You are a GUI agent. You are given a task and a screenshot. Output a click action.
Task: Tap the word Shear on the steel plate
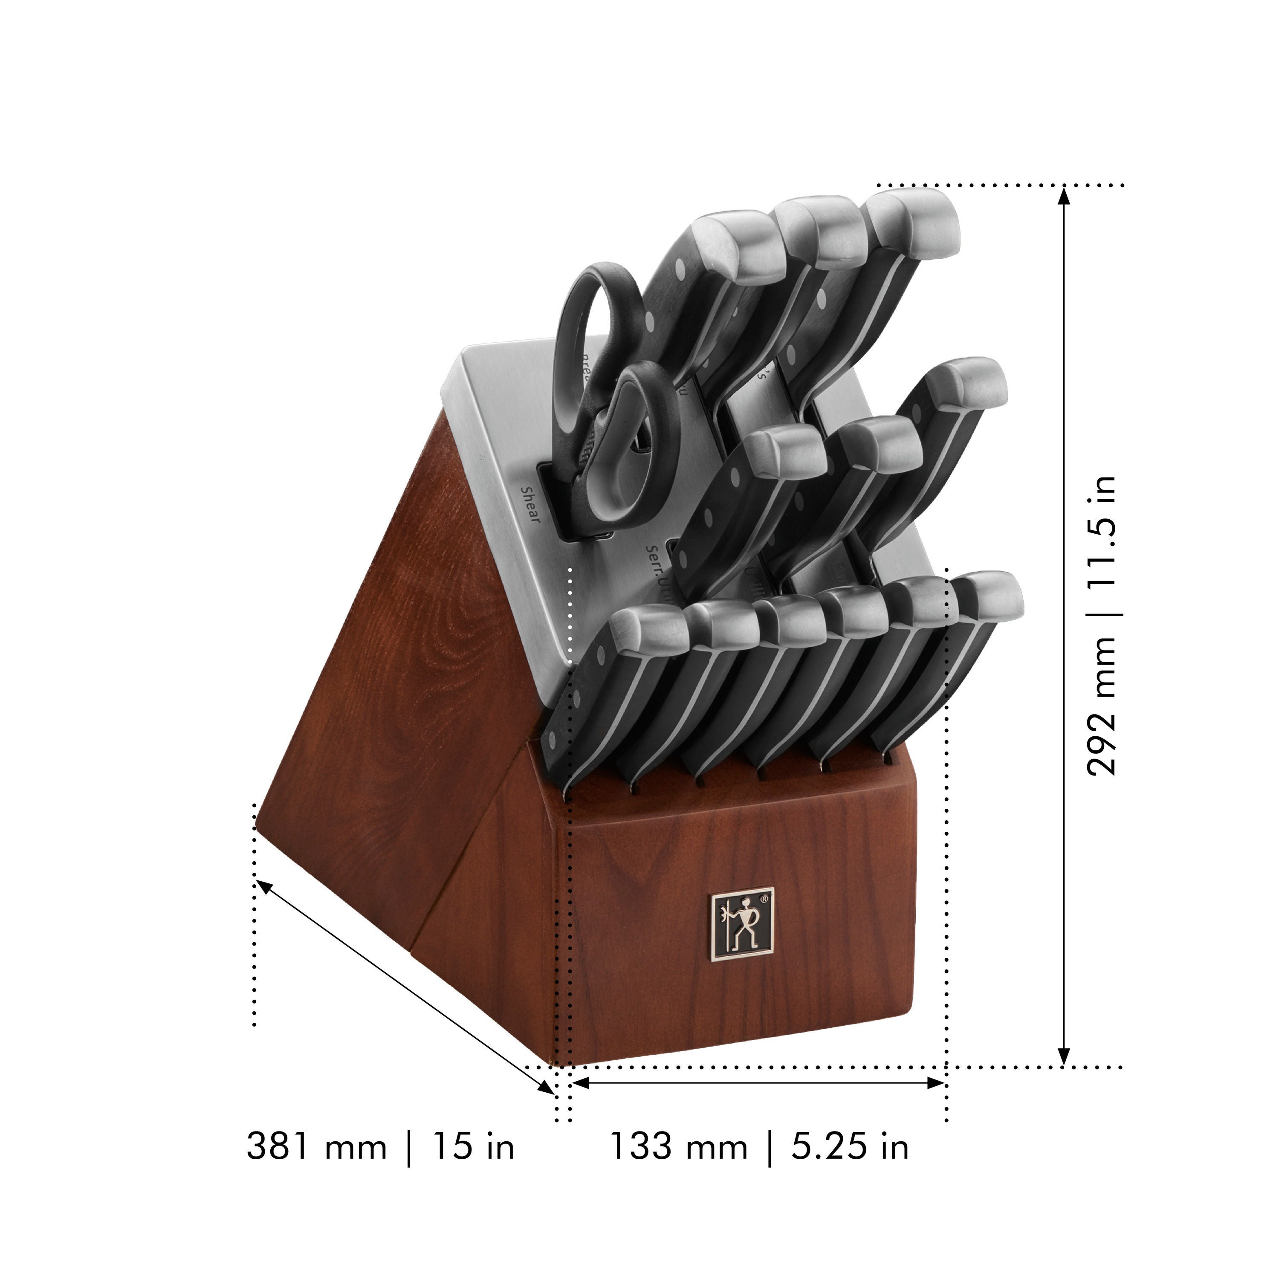[x=530, y=504]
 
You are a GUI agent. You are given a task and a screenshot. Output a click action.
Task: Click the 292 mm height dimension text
[x=1100, y=706]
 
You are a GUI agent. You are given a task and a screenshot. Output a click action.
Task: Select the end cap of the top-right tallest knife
[x=921, y=223]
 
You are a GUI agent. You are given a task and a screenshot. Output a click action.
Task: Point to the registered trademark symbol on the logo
[x=764, y=900]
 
